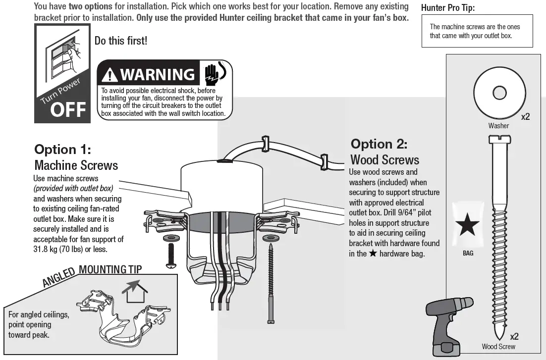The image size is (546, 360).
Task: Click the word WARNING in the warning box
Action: pyautogui.click(x=158, y=75)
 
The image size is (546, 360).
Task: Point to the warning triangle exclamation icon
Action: pyautogui.click(x=109, y=75)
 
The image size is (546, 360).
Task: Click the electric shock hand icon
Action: pyautogui.click(x=214, y=73)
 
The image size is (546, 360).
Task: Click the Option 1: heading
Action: pyautogui.click(x=62, y=150)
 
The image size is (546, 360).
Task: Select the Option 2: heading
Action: pyautogui.click(x=379, y=144)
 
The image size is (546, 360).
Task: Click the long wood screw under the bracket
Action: pyautogui.click(x=271, y=282)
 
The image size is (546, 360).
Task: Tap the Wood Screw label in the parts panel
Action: pyautogui.click(x=498, y=347)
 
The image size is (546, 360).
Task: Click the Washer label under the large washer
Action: pyautogui.click(x=498, y=126)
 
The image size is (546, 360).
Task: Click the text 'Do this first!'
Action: pyautogui.click(x=121, y=41)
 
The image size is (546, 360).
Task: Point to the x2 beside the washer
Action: pyautogui.click(x=525, y=117)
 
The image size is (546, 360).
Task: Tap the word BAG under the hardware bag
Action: pyautogui.click(x=468, y=254)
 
